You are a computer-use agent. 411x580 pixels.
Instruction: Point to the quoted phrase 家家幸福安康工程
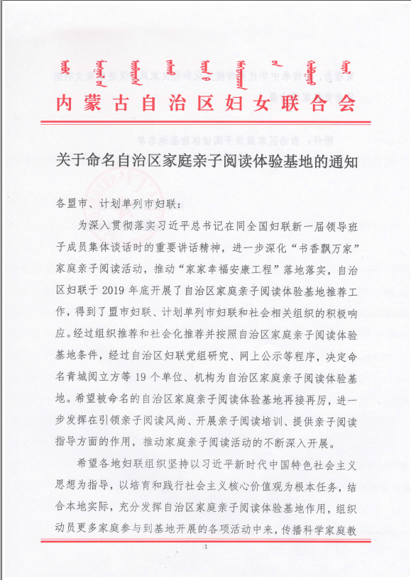[x=230, y=270]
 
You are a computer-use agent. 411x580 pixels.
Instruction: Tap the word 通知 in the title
[x=339, y=158]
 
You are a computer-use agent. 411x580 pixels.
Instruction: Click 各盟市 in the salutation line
[x=71, y=203]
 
